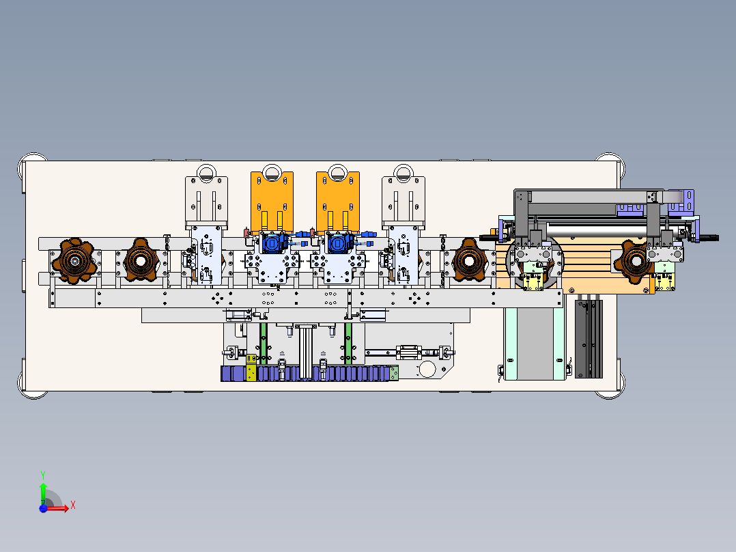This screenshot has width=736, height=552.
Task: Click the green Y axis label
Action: pos(43,475)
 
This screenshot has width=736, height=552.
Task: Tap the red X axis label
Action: pos(73,506)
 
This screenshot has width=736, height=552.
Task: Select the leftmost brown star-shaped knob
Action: pos(74,261)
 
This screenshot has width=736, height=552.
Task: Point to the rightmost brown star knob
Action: pos(635,262)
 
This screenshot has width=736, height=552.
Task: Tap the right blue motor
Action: pos(339,243)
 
